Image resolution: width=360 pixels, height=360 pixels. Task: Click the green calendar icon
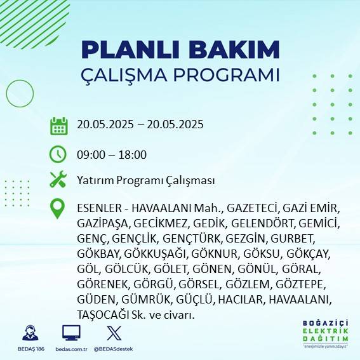pyautogui.click(x=58, y=125)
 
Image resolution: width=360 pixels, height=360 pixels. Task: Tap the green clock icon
pyautogui.click(x=58, y=154)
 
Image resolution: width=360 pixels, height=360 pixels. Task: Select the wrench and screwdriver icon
pyautogui.click(x=58, y=180)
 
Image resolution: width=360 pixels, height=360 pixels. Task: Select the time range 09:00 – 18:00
pyautogui.click(x=112, y=155)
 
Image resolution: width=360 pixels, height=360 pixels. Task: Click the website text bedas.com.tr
pyautogui.click(x=71, y=349)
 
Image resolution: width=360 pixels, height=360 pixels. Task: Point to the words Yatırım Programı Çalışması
pyautogui.click(x=145, y=181)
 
